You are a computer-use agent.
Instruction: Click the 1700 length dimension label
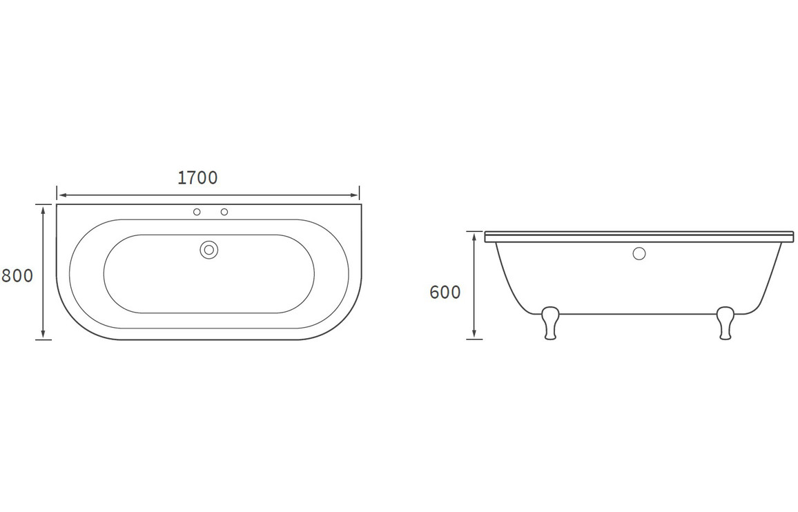[x=197, y=177]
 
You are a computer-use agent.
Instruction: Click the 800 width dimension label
[x=17, y=276]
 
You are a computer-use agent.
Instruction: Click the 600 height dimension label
[x=445, y=293]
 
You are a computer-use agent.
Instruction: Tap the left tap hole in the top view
[x=197, y=212]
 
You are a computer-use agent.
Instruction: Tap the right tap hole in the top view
[x=224, y=212]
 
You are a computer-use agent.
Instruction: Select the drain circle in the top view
[x=208, y=249]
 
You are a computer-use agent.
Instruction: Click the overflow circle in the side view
[x=639, y=253]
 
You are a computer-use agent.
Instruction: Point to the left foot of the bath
[x=551, y=323]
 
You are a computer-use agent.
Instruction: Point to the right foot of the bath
[x=726, y=323]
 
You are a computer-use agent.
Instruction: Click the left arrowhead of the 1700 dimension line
[x=60, y=195]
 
